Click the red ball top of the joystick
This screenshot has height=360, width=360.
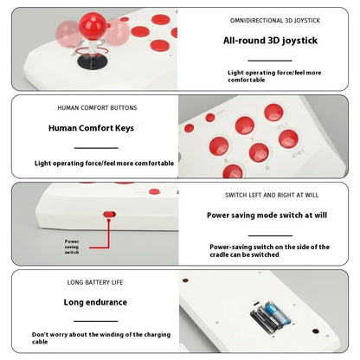pos(93,26)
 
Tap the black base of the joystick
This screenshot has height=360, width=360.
pos(92,61)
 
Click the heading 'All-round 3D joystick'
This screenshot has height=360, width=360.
pos(270,41)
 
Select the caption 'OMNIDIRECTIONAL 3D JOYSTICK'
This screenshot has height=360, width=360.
pos(275,21)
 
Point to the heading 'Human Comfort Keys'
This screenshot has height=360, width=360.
pos(91,128)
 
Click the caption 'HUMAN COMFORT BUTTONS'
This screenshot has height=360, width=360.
pos(97,108)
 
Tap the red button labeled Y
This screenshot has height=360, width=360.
pos(245,125)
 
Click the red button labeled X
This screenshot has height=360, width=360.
pos(219,146)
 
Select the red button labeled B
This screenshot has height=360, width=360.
pos(259,152)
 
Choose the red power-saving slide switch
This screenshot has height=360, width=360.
pos(110,215)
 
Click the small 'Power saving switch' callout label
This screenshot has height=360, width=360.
pos(72,247)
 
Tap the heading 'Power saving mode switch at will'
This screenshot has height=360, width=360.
pos(267,215)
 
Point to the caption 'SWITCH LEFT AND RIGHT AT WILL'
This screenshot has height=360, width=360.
pos(272,196)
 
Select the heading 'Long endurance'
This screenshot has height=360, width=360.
pos(95,302)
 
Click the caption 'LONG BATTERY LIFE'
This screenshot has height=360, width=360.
pos(95,282)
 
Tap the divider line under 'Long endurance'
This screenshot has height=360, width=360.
pos(96,321)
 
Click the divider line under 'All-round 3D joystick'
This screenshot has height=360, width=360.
pos(270,61)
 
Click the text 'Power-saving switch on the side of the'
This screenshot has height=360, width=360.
pos(269,247)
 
